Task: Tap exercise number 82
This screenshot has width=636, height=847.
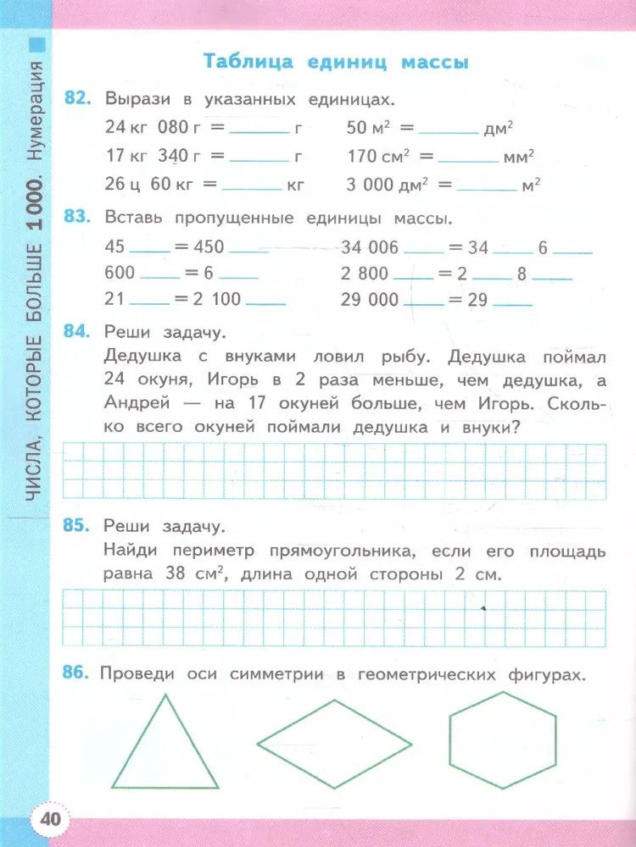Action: pyautogui.click(x=76, y=99)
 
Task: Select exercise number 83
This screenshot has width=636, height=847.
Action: pyautogui.click(x=76, y=218)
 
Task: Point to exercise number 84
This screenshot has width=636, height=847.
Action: pyautogui.click(x=76, y=331)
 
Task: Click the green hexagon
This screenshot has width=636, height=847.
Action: pyautogui.click(x=502, y=730)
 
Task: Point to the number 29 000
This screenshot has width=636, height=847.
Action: pyautogui.click(x=370, y=299)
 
